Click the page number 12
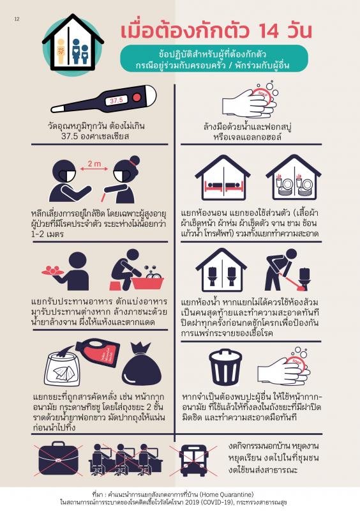point(17,19)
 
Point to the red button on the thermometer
point(137,97)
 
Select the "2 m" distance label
point(94,164)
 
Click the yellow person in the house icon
point(61,51)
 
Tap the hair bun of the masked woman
point(134,161)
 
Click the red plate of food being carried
point(52,271)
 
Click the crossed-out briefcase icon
point(58,457)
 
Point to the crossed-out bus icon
point(193,460)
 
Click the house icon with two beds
point(223,178)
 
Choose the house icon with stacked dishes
point(294,178)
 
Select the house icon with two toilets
point(221,270)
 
